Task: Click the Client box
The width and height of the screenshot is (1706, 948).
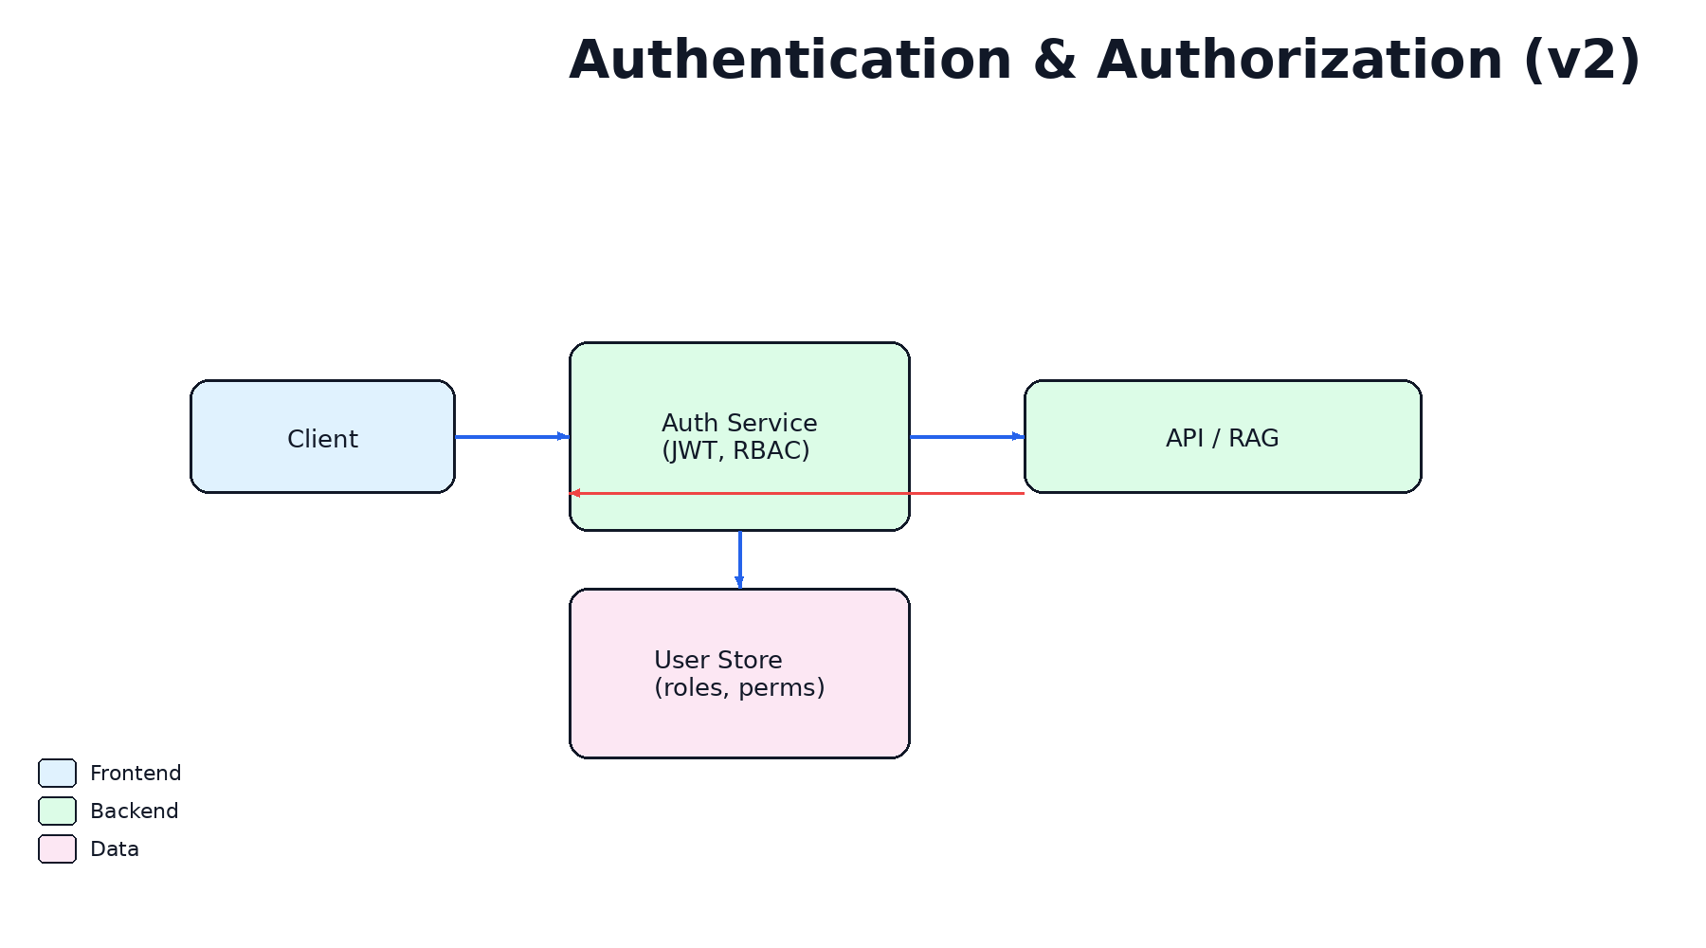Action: [322, 438]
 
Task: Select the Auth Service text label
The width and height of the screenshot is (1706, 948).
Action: [739, 423]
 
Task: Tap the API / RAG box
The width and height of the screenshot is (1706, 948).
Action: [1223, 438]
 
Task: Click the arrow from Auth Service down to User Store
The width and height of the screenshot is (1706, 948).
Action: [739, 559]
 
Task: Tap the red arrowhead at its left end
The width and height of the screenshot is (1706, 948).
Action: [574, 493]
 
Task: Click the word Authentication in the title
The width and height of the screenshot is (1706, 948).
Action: [790, 61]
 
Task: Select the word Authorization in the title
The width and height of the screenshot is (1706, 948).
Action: [1299, 61]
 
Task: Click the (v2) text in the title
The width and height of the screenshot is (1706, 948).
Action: [1582, 61]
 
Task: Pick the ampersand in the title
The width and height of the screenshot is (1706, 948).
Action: [1054, 61]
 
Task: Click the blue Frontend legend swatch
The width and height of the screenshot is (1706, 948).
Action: [57, 774]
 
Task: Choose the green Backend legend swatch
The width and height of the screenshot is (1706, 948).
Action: [57, 811]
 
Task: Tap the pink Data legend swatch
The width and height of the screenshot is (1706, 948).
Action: [57, 849]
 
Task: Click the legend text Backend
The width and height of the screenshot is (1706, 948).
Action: [134, 811]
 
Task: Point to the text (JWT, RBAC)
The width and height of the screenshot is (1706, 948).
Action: [735, 451]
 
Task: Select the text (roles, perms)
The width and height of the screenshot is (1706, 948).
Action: [739, 688]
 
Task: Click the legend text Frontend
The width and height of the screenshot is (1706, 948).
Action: [136, 774]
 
